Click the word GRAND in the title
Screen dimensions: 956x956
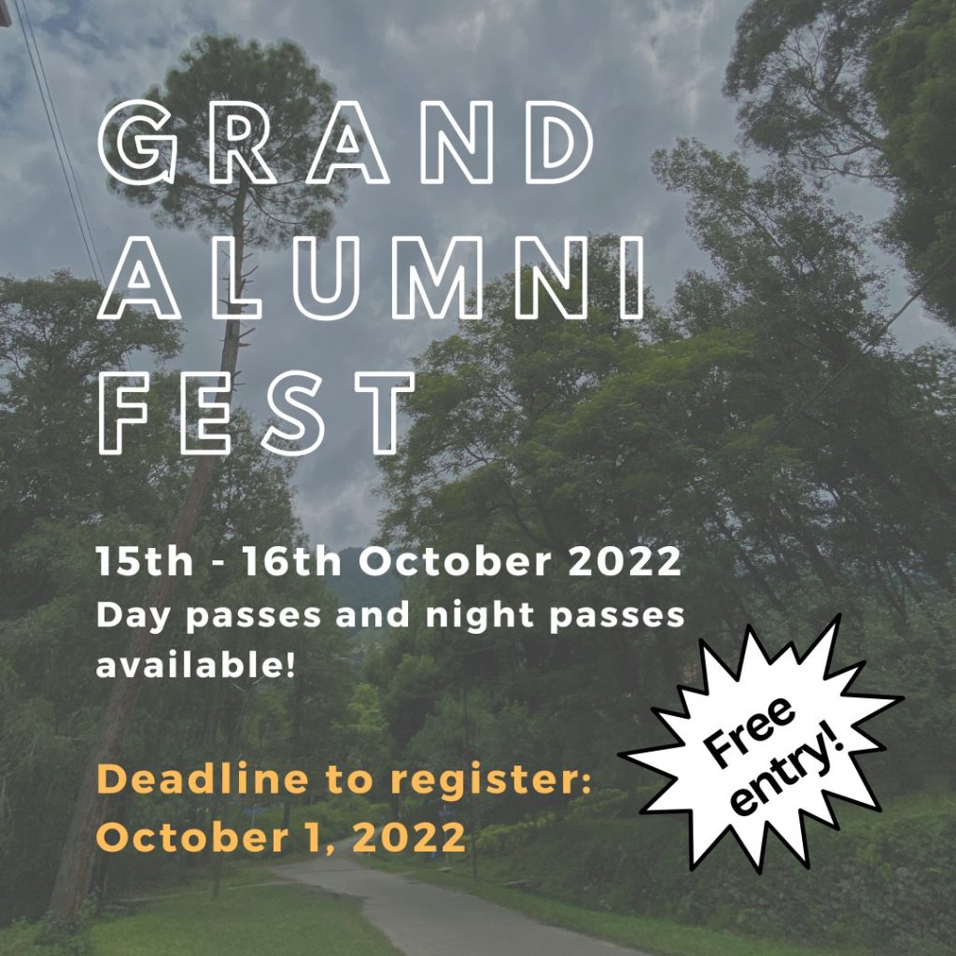pyautogui.click(x=345, y=143)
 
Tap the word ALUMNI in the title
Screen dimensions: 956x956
pyautogui.click(x=371, y=278)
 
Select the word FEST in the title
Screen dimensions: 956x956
pyautogui.click(x=256, y=414)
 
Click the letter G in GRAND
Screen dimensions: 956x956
pyautogui.click(x=137, y=143)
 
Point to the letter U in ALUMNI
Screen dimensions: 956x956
pyautogui.click(x=326, y=279)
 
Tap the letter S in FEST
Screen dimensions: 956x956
pyautogui.click(x=293, y=414)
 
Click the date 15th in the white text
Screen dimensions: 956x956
pyautogui.click(x=145, y=561)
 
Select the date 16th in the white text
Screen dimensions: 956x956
pyautogui.click(x=292, y=561)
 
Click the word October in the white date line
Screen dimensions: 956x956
pyautogui.click(x=455, y=561)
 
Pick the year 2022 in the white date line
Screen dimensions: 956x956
pyautogui.click(x=625, y=561)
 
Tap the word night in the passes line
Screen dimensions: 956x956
pyautogui.click(x=480, y=616)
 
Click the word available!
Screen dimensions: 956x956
pyautogui.click(x=196, y=665)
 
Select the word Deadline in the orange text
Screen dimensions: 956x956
pyautogui.click(x=203, y=780)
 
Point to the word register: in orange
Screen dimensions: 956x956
pyautogui.click(x=491, y=780)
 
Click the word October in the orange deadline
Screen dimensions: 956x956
pyautogui.click(x=192, y=836)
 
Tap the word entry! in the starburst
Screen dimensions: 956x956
pyautogui.click(x=789, y=769)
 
